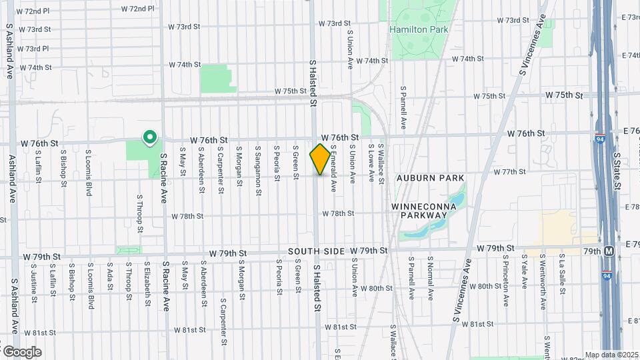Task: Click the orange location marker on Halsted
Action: pyautogui.click(x=320, y=159)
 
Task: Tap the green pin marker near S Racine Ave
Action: pyautogui.click(x=150, y=138)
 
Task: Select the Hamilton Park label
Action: pyautogui.click(x=419, y=29)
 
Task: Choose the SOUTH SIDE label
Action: pyautogui.click(x=316, y=251)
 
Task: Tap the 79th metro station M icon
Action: pyautogui.click(x=609, y=251)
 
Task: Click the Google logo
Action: pyautogui.click(x=21, y=351)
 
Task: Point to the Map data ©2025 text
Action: pyautogui.click(x=611, y=355)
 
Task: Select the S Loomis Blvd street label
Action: pyautogui.click(x=89, y=173)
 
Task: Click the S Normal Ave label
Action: pyautogui.click(x=431, y=275)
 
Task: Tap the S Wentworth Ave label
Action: pyautogui.click(x=544, y=273)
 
